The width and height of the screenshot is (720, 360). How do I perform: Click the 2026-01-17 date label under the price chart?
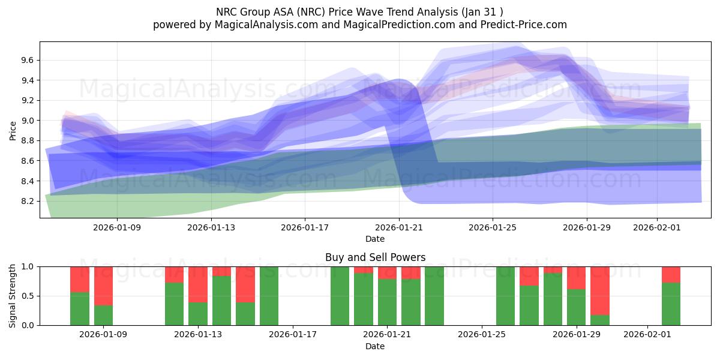[305, 227]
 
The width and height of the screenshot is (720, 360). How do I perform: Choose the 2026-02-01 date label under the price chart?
[656, 227]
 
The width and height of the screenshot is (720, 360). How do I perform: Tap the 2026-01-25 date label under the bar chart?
[482, 335]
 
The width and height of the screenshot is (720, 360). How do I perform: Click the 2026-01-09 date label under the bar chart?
[103, 335]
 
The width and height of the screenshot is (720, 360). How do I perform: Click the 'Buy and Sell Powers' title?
[375, 257]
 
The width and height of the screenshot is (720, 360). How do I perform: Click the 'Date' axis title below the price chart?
[375, 239]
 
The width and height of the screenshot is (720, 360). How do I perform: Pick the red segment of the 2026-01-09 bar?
[103, 286]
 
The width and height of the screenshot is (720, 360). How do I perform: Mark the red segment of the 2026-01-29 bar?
[576, 278]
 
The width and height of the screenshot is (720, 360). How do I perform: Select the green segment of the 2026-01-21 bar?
[387, 302]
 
